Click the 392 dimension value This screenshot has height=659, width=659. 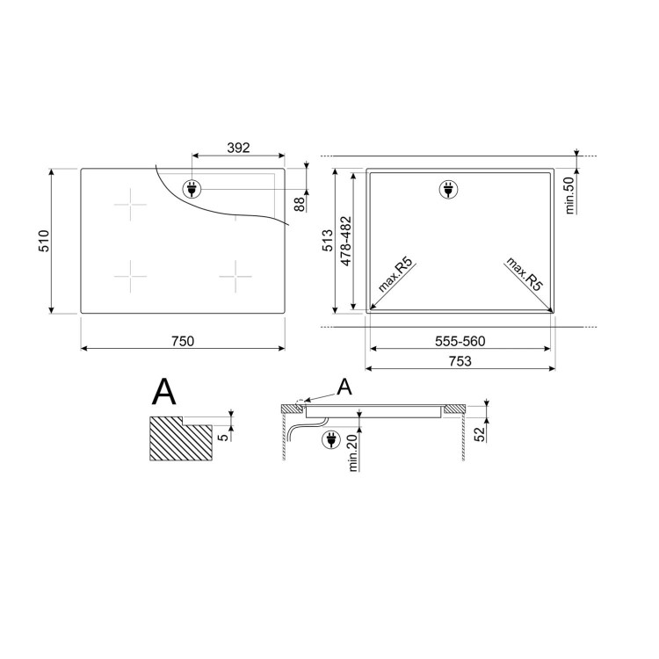point(237,148)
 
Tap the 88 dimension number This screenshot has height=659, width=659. point(299,204)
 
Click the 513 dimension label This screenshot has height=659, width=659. point(328,242)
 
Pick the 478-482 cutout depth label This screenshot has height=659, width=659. point(346,242)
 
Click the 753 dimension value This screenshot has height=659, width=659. point(460,361)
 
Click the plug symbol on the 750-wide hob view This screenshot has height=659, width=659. point(191,188)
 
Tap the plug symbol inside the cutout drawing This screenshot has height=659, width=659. point(448,189)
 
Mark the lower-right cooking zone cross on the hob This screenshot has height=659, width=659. point(235,277)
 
